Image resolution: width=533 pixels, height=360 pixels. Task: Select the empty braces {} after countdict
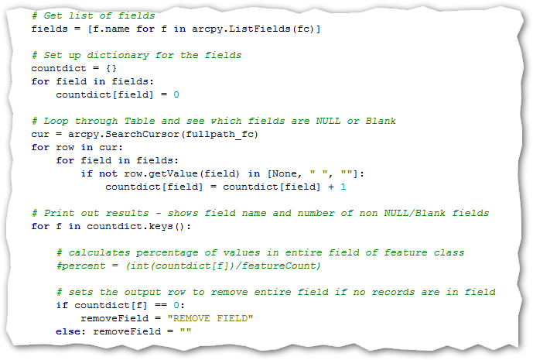[x=111, y=68]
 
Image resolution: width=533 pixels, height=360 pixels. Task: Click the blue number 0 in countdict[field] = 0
[x=176, y=94]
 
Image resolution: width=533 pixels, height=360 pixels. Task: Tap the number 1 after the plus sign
[x=343, y=187]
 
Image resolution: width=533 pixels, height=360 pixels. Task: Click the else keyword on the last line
[x=68, y=331]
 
